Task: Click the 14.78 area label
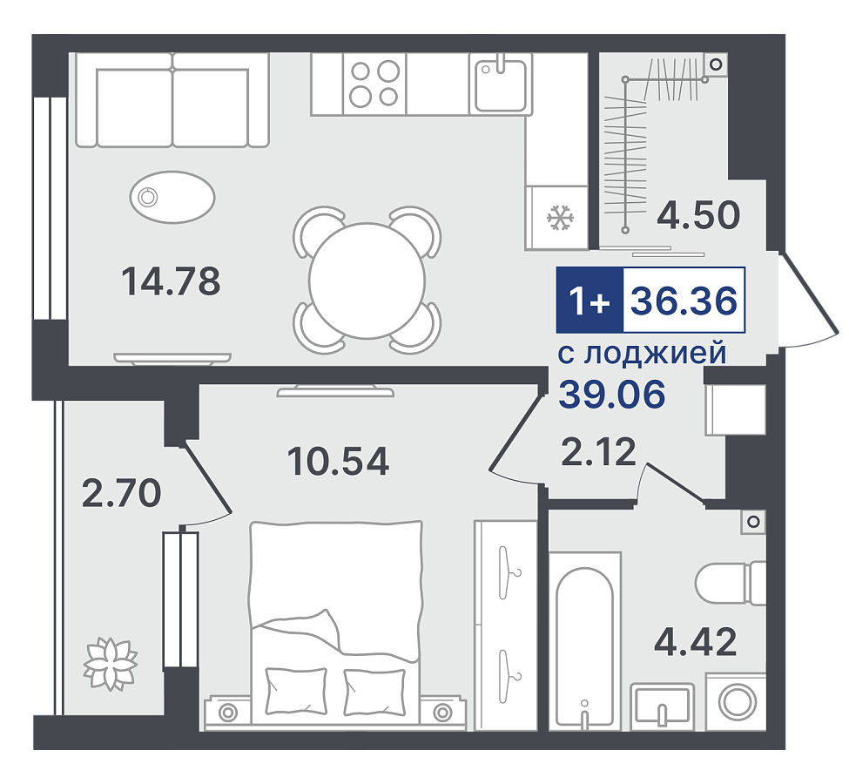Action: [x=171, y=281]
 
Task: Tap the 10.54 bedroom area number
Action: [x=338, y=461]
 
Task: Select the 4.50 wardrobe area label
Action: [x=698, y=214]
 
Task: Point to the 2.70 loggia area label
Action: [x=121, y=493]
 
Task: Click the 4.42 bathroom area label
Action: [x=696, y=641]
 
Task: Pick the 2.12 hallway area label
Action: [x=598, y=452]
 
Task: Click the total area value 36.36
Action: [x=684, y=301]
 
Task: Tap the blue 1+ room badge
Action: [x=590, y=300]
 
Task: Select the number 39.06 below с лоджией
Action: [x=612, y=394]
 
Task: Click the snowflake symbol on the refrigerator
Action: [x=560, y=217]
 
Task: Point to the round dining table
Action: [x=367, y=280]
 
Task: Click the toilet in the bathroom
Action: [x=730, y=583]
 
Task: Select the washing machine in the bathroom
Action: [x=737, y=701]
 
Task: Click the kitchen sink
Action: [x=501, y=84]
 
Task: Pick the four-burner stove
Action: [x=374, y=84]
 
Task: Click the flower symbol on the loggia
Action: [x=110, y=665]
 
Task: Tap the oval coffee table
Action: [x=172, y=197]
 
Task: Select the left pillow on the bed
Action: [x=296, y=691]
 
